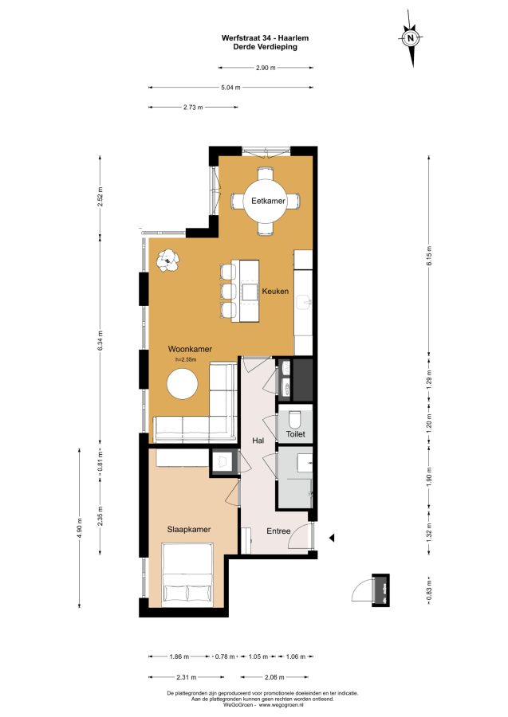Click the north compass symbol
point(411,38)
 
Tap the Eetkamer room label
point(268,201)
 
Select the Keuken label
point(275,291)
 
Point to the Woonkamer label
point(190,350)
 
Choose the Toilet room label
point(296,434)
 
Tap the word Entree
point(278,531)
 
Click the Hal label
point(258,441)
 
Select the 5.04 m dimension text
point(230,88)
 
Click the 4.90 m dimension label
point(80,528)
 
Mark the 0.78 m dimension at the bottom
point(225,656)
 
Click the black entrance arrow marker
point(332,538)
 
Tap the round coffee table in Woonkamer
point(182,384)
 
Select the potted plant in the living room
point(168,261)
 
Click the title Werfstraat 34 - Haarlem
point(265,38)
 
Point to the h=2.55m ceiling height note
point(185,359)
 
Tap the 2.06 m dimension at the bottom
point(274,677)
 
